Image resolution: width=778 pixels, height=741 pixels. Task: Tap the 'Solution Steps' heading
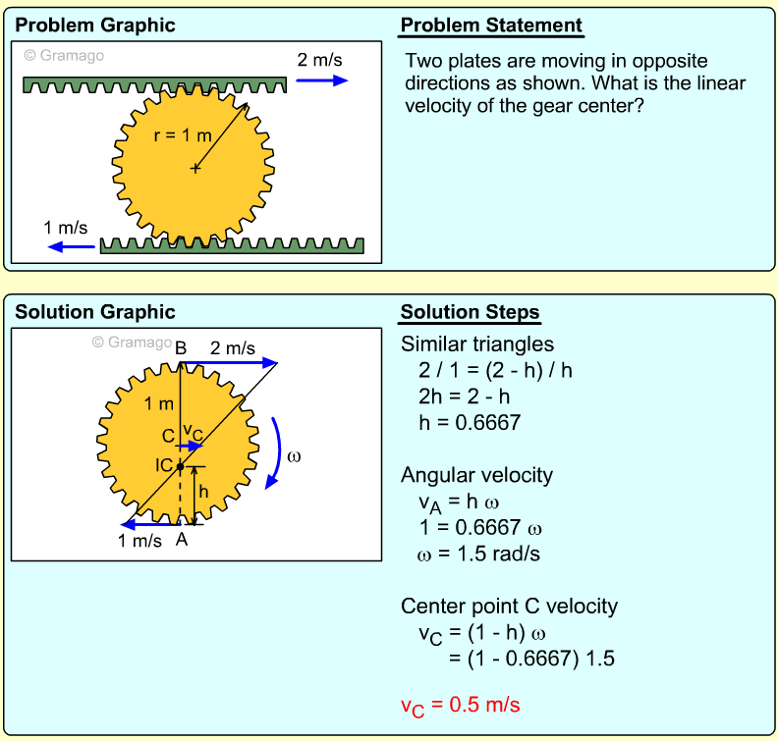click(470, 313)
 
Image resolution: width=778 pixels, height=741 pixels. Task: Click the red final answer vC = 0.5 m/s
click(460, 705)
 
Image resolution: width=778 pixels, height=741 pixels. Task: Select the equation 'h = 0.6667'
click(469, 422)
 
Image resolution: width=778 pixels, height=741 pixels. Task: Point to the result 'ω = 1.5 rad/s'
click(478, 553)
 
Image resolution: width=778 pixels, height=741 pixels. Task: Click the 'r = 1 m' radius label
click(183, 135)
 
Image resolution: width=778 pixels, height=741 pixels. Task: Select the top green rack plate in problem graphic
click(155, 84)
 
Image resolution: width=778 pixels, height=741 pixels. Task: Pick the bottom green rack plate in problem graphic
click(233, 244)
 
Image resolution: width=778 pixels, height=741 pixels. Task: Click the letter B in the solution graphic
click(181, 346)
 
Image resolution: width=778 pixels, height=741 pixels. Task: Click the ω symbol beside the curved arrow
click(294, 456)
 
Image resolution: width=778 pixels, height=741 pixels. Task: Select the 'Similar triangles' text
click(477, 344)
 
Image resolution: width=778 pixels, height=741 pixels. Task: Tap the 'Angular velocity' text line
click(476, 475)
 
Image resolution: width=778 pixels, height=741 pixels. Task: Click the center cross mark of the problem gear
click(195, 169)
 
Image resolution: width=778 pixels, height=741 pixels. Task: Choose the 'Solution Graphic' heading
click(94, 313)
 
